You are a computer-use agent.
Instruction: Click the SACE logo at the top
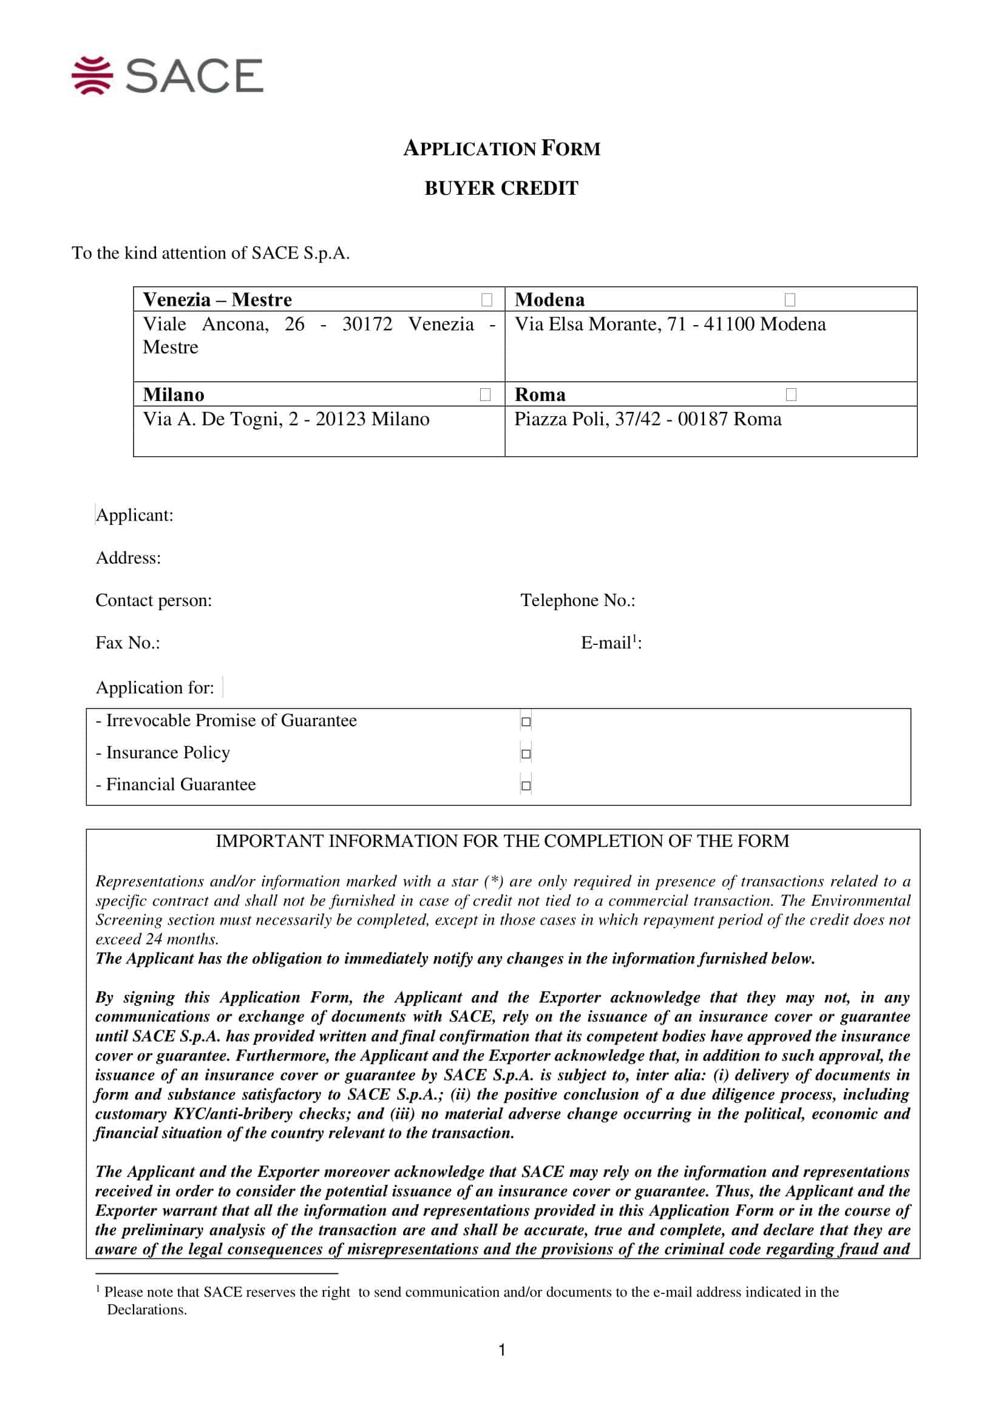[167, 75]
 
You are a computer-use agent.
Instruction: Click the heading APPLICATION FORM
[501, 148]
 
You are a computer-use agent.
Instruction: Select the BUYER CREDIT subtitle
[501, 188]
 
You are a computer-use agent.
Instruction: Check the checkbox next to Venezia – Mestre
[487, 300]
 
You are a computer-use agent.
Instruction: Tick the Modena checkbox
[790, 300]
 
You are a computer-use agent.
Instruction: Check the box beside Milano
[486, 394]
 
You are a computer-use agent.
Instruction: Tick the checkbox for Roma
[791, 394]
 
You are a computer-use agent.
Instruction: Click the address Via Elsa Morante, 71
[670, 325]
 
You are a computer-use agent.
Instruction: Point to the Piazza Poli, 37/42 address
[647, 419]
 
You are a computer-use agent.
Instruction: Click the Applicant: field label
[134, 515]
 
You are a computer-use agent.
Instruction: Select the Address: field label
[128, 558]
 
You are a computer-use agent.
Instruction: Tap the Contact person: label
[154, 600]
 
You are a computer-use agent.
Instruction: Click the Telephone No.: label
[577, 600]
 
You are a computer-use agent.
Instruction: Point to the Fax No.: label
[127, 642]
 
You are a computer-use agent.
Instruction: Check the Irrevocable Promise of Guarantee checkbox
[526, 721]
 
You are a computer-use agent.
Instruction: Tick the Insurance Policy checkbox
[526, 753]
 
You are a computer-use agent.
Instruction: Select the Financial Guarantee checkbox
[526, 786]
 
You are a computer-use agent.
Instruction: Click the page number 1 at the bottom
[501, 1350]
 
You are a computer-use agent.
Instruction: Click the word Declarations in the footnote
[146, 1310]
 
